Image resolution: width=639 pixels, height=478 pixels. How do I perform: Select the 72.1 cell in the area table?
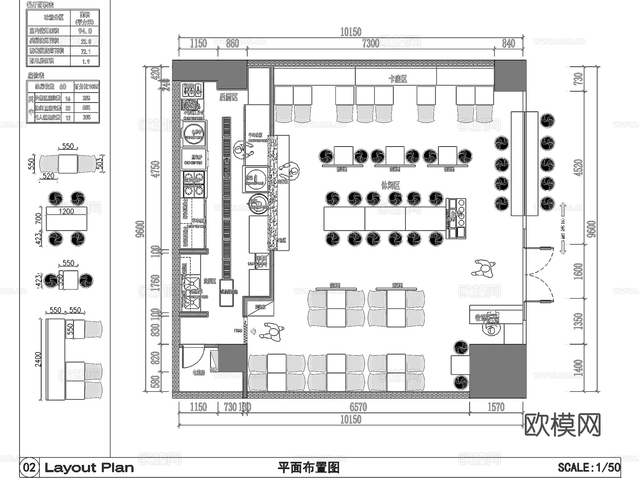[86, 51]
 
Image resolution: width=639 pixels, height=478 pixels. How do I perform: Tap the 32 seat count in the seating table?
[68, 108]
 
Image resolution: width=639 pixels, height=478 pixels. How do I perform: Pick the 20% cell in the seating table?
[86, 117]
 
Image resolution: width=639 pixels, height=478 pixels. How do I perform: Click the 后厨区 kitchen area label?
[228, 97]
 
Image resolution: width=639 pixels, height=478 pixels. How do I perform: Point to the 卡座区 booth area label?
[398, 79]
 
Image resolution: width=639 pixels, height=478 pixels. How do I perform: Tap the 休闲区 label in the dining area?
[390, 185]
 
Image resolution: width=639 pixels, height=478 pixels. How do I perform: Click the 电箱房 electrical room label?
[199, 373]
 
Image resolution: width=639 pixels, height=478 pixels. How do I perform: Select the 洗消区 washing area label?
[210, 281]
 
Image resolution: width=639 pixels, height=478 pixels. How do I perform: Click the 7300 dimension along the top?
[371, 43]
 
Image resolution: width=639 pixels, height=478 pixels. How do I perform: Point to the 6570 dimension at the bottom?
[358, 407]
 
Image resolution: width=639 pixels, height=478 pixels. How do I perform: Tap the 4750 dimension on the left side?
[155, 169]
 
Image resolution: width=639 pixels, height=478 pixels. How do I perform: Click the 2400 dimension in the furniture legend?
[38, 359]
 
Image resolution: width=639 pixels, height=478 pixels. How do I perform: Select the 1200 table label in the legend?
[66, 211]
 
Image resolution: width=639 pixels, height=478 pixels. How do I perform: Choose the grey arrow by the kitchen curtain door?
[253, 331]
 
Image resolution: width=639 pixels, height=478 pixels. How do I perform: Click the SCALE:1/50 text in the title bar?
[589, 467]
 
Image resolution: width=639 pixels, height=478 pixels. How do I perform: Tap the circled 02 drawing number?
[29, 467]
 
